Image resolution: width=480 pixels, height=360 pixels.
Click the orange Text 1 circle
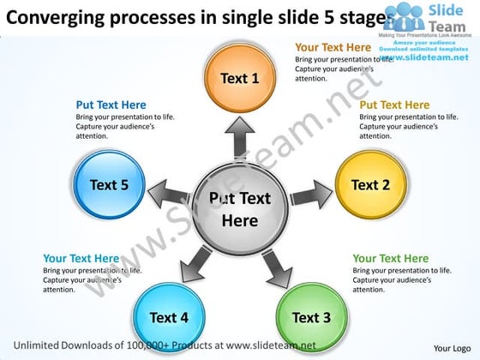pos(240,78)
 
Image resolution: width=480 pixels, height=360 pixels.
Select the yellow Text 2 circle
pos(370,184)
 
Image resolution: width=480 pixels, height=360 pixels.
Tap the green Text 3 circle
pos(311,317)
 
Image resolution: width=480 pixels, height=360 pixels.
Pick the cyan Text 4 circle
pos(169,317)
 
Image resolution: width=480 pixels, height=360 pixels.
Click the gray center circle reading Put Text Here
pos(240,209)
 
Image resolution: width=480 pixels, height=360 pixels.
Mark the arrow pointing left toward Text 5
pos(169,192)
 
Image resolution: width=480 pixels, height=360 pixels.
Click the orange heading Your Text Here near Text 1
pos(333,47)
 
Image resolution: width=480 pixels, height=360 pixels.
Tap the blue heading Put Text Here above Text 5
pos(111,105)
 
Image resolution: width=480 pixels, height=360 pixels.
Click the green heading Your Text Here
pos(390,258)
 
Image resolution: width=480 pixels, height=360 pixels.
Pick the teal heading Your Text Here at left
pos(81,258)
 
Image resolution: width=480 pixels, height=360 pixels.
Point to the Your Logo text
pos(452,348)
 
